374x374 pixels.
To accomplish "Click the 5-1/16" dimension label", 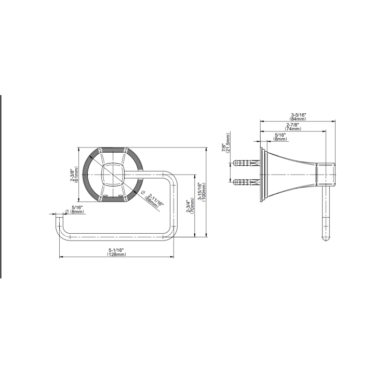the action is click(117, 250).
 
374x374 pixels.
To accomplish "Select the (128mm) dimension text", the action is click(117, 254).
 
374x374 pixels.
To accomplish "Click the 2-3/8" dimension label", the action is click(72, 175).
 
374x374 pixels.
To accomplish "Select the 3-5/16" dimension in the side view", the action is click(298, 115).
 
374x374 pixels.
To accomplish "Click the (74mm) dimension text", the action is click(293, 129).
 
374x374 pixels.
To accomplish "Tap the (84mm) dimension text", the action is click(298, 118).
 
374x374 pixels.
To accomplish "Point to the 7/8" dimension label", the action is click(224, 148).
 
